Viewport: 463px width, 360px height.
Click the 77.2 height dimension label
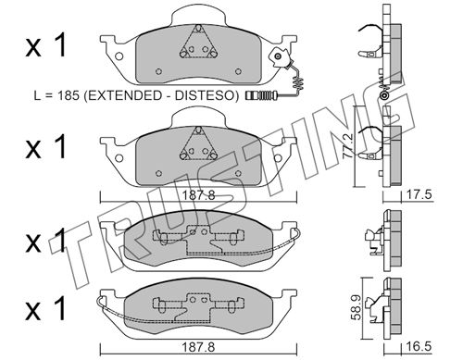[x=348, y=146]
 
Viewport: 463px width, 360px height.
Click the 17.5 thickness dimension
[x=419, y=195]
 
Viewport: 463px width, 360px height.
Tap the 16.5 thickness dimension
[x=419, y=346]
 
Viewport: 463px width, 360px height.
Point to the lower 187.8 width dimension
[x=198, y=347]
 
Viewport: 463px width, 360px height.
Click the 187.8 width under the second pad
[x=198, y=195]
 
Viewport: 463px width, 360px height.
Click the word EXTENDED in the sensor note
[x=123, y=95]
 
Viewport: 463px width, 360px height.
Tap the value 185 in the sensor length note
[x=69, y=95]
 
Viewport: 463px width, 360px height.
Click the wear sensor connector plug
[x=261, y=95]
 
